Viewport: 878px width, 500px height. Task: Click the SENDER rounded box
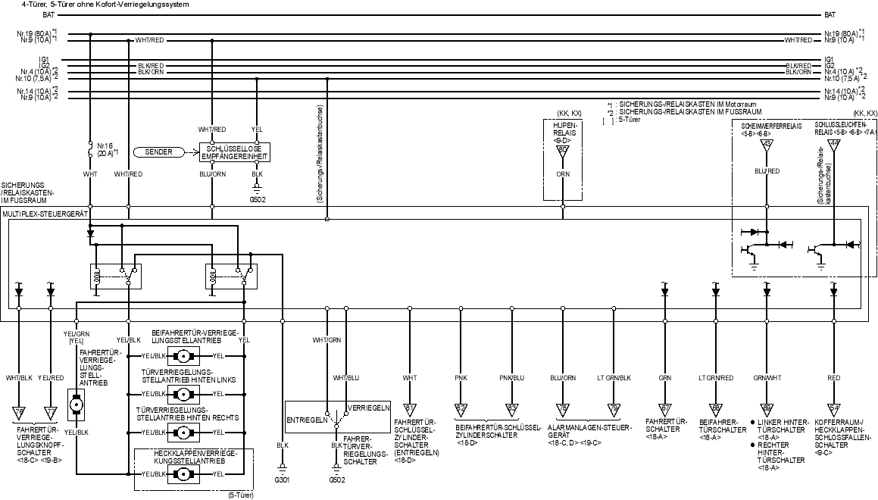click(161, 152)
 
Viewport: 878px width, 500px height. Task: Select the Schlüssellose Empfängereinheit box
click(235, 152)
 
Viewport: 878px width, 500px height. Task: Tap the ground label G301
click(282, 480)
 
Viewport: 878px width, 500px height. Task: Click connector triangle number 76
click(18, 412)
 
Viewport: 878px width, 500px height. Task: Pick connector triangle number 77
click(50, 412)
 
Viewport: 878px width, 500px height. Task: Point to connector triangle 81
click(410, 410)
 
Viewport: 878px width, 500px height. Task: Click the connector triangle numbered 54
click(833, 410)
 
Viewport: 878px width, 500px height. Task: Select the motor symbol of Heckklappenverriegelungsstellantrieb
click(182, 474)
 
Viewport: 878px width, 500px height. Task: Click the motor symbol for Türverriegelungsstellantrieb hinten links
click(182, 394)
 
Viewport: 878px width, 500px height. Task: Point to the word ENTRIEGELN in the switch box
click(306, 419)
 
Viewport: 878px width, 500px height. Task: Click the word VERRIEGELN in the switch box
click(368, 407)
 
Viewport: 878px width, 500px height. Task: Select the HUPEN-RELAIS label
click(563, 130)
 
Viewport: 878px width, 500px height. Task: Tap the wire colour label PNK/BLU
click(512, 377)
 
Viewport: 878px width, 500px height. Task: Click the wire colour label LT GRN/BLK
click(614, 377)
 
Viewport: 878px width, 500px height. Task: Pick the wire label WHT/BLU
click(345, 377)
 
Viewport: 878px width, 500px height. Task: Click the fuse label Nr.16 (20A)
click(105, 148)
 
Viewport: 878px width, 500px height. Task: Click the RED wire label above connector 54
click(833, 377)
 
